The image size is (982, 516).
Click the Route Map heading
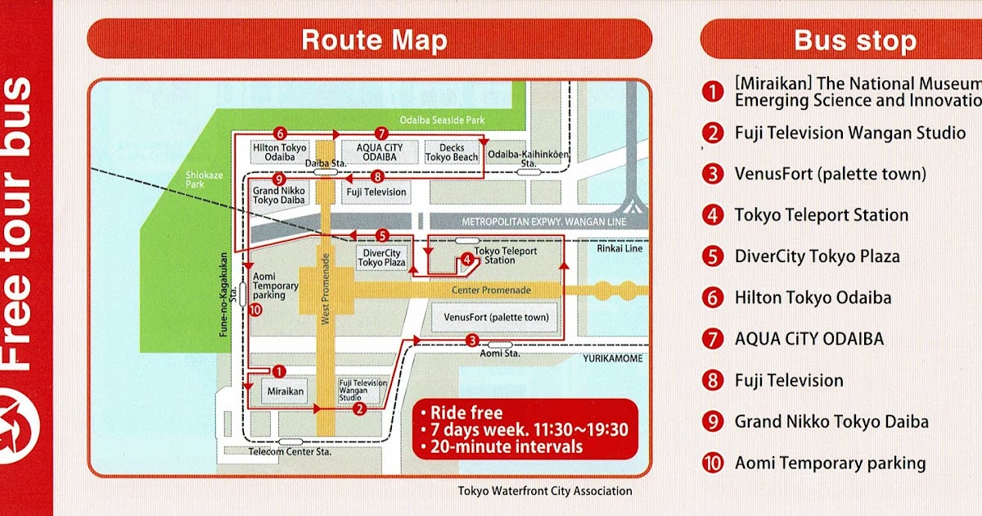point(374,40)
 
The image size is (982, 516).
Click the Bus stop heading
point(854,40)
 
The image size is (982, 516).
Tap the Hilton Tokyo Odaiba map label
point(279,153)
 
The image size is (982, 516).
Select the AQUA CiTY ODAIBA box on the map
point(379,153)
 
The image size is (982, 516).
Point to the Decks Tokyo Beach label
point(452,153)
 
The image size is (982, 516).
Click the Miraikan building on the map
point(286,392)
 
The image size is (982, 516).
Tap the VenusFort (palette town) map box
point(496,317)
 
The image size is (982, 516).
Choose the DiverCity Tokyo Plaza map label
point(381,258)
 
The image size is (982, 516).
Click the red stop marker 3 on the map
point(471,340)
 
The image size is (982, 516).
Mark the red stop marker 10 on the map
point(254,310)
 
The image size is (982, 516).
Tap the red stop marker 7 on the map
point(380,133)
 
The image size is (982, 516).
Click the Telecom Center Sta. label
point(277,451)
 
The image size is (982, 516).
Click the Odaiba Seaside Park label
point(442,120)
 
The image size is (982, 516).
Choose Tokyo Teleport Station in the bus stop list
point(821,215)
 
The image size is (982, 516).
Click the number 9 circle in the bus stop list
point(714,422)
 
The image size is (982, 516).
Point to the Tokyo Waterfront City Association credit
point(545,491)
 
